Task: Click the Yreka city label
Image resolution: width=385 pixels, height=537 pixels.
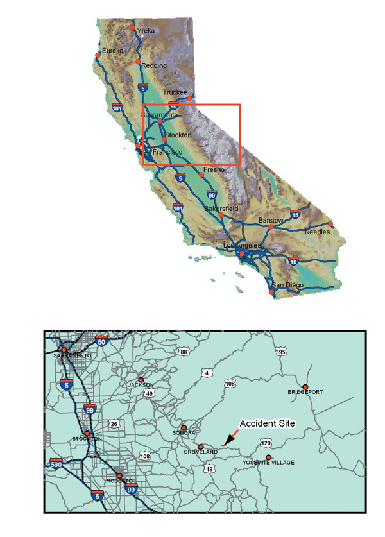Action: (146, 30)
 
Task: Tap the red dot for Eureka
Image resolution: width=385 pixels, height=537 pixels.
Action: (98, 55)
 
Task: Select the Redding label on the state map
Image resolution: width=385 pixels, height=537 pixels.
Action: (154, 65)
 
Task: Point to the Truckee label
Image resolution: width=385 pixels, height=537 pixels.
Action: (175, 92)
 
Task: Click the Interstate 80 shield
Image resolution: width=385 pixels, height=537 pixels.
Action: (173, 105)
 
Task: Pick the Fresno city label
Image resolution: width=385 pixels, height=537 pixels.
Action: (214, 169)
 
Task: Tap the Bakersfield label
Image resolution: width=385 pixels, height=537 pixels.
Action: (221, 209)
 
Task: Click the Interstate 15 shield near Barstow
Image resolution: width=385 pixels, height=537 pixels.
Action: (295, 214)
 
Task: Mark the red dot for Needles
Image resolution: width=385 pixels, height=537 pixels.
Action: (330, 224)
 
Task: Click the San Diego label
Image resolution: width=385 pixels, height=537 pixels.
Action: (286, 285)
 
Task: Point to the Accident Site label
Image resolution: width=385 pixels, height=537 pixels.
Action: (266, 423)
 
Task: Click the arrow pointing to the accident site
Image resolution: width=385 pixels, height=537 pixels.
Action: (228, 439)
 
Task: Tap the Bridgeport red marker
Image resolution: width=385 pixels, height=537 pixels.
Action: (305, 387)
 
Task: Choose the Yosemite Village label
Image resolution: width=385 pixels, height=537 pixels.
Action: (268, 463)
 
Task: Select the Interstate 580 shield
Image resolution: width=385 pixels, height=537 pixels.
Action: (57, 463)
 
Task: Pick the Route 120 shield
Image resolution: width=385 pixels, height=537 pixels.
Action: (265, 443)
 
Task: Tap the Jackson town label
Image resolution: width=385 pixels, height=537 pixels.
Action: (141, 385)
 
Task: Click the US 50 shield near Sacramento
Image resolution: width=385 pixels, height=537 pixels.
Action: (101, 342)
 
